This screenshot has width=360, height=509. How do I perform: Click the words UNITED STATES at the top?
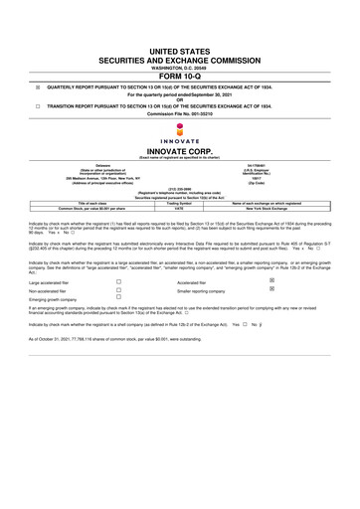pyautogui.click(x=179, y=49)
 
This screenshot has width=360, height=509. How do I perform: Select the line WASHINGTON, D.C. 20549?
pyautogui.click(x=179, y=65)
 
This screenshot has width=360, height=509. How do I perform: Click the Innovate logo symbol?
pyautogui.click(x=179, y=130)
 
